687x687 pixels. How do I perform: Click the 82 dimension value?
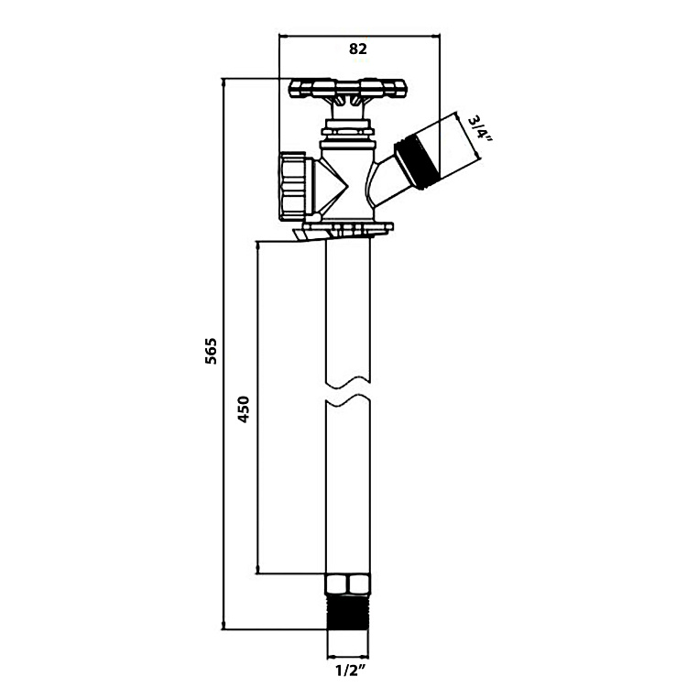coord(358,49)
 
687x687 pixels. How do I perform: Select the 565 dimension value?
coord(212,351)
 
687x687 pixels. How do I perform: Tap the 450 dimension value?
coord(243,409)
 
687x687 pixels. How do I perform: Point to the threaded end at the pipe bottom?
coord(348,612)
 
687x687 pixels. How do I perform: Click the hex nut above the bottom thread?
coord(348,584)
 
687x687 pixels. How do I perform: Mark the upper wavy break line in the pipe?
coord(348,382)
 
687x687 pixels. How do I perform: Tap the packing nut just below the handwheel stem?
coord(347,131)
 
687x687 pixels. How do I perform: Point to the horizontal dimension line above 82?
coord(359,37)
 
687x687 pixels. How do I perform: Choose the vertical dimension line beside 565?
coord(224,354)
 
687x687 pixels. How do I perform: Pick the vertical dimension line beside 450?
coord(257,407)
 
